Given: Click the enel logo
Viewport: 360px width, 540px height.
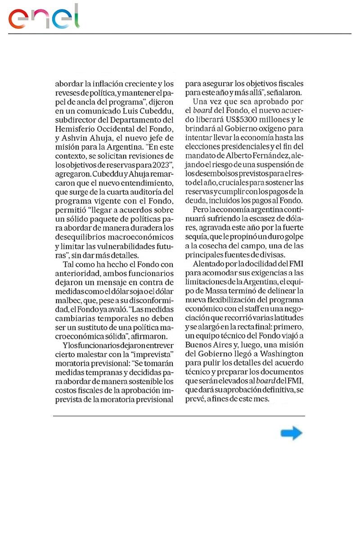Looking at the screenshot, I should [44, 17].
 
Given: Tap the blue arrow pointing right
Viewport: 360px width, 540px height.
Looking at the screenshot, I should [291, 433].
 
